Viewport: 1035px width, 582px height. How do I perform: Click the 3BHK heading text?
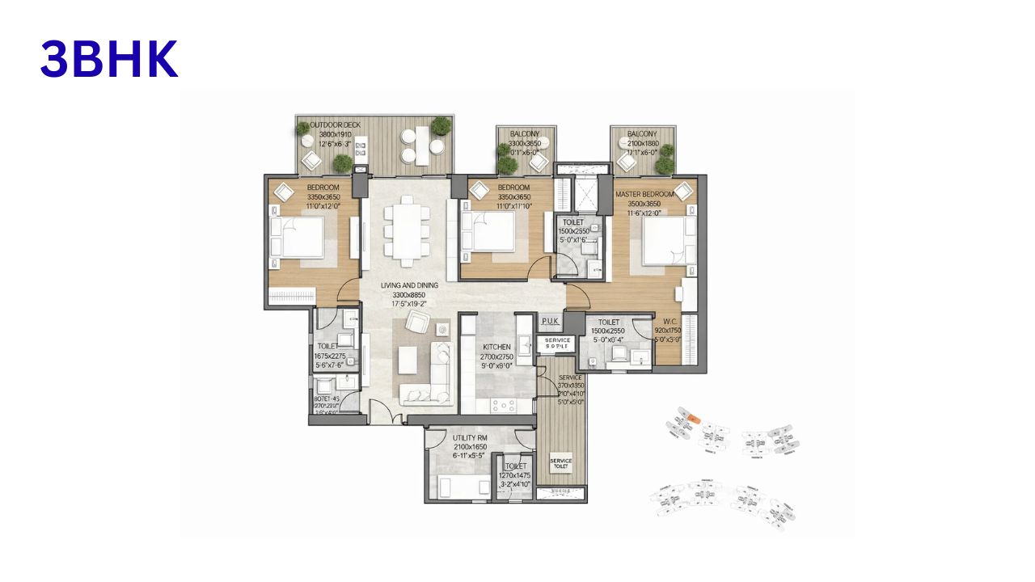(x=109, y=60)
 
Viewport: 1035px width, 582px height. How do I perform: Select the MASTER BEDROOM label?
(x=644, y=195)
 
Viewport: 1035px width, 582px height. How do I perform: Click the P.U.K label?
(x=551, y=321)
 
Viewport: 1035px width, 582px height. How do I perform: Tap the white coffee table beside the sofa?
(x=407, y=361)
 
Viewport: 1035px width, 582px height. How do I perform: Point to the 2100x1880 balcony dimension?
(x=644, y=144)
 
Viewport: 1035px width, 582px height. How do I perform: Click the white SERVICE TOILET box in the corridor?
(x=560, y=464)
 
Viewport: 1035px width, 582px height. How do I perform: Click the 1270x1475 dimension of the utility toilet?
(x=515, y=476)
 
